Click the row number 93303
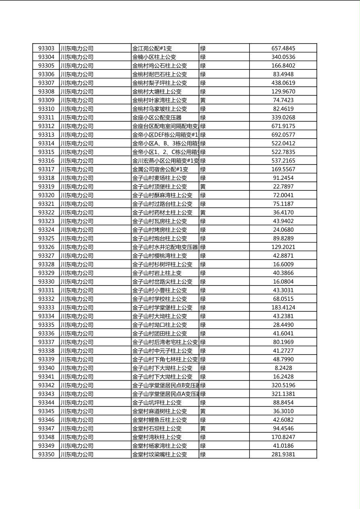[x=46, y=48]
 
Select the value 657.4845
[x=283, y=48]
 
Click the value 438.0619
[x=283, y=83]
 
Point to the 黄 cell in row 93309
[x=203, y=100]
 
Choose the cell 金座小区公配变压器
[x=157, y=117]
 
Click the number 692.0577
[x=283, y=135]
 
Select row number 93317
[x=46, y=169]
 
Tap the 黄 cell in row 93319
[x=203, y=186]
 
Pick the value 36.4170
[x=283, y=212]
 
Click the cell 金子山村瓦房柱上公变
[x=160, y=221]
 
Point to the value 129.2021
[x=283, y=247]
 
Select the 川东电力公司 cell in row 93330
[x=77, y=282]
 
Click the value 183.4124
[x=283, y=307]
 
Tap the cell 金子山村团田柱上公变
[x=160, y=333]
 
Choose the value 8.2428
[x=283, y=368]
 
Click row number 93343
[x=46, y=394]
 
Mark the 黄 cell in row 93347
[x=203, y=428]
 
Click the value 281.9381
[x=283, y=454]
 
